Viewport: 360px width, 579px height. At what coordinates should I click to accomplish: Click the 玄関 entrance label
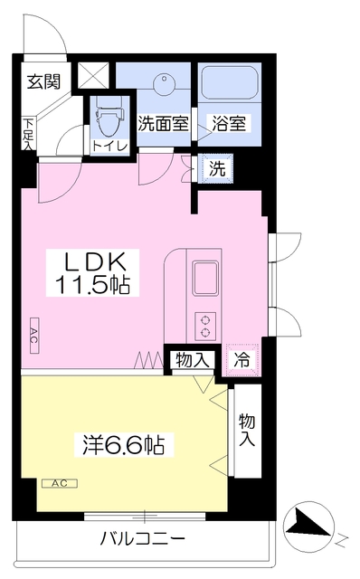(x=44, y=81)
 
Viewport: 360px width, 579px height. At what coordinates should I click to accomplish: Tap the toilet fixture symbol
(x=109, y=116)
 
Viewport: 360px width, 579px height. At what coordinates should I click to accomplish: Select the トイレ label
(x=109, y=146)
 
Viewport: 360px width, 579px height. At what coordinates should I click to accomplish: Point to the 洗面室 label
(x=164, y=123)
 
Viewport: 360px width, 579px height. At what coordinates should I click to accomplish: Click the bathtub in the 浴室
(x=229, y=82)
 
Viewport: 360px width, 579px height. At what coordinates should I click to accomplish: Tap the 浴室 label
(x=229, y=123)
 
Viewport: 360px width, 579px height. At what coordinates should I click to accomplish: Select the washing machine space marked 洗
(x=216, y=168)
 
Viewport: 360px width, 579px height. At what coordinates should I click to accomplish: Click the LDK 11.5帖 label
(x=92, y=272)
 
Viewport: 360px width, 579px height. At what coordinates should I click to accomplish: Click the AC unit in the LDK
(x=34, y=336)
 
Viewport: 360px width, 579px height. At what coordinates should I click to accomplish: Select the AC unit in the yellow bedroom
(x=60, y=483)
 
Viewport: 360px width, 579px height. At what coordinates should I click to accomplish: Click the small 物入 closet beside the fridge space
(x=193, y=360)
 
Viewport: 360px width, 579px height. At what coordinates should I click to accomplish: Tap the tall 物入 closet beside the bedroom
(x=247, y=431)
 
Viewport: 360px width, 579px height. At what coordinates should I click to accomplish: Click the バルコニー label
(x=143, y=539)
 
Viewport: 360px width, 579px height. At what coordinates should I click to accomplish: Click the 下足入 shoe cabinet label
(x=28, y=134)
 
